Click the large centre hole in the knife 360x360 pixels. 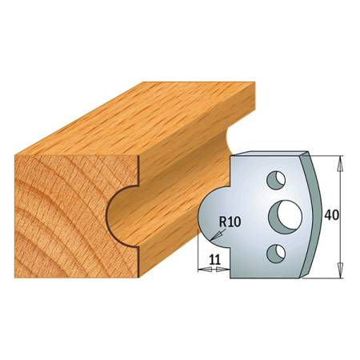(x=282, y=214)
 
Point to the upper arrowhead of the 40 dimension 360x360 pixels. (x=340, y=161)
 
